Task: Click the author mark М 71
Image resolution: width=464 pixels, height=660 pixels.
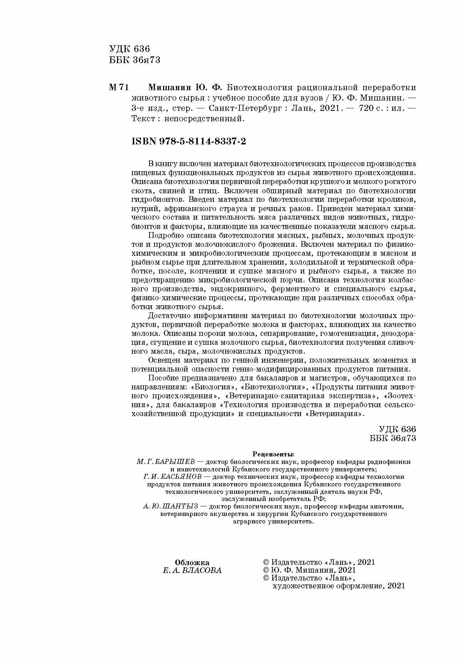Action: point(118,88)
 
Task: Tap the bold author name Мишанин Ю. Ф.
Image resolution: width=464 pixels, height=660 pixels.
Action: point(185,88)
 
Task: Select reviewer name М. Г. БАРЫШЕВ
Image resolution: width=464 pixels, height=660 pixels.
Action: point(164,462)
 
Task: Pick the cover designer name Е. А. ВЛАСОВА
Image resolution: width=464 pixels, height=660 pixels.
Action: point(192,570)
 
